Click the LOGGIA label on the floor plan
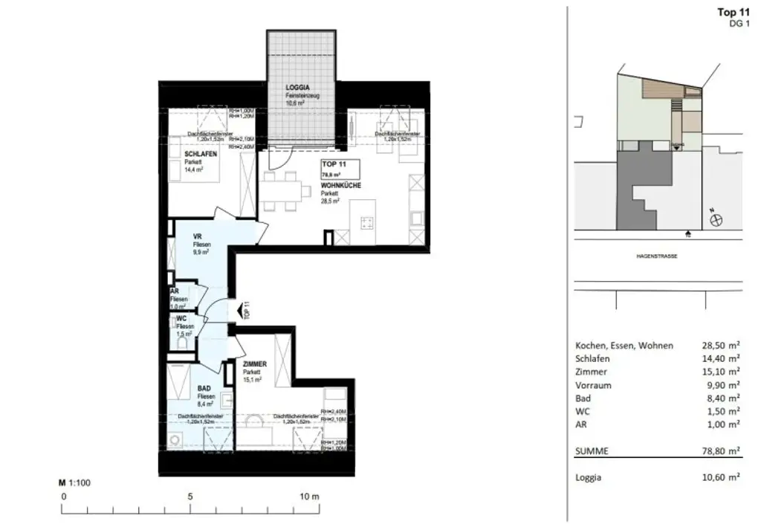click(297, 88)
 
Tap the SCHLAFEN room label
click(201, 154)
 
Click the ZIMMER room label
click(255, 364)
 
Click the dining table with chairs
click(285, 192)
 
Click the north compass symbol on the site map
click(716, 220)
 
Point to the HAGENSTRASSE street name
click(655, 256)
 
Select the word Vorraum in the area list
click(594, 385)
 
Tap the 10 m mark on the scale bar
click(310, 497)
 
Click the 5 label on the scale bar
click(190, 497)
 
